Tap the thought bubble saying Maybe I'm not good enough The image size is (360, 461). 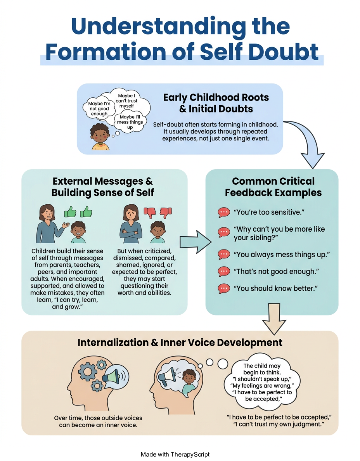click(99, 109)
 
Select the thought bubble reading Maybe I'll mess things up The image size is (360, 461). click(130, 122)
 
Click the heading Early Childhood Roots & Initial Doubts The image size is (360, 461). click(216, 103)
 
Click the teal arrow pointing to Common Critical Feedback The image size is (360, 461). click(196, 242)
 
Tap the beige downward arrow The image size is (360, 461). click(274, 319)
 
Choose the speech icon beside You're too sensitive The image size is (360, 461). click(223, 212)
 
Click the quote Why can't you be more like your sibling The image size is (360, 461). click(279, 233)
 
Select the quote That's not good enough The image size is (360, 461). click(276, 271)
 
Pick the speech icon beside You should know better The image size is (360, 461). click(223, 288)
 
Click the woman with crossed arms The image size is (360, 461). click(131, 224)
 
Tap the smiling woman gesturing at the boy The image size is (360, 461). click(50, 224)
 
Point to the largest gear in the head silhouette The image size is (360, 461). click(87, 371)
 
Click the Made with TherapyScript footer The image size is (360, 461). click(175, 454)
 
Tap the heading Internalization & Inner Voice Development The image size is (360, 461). click(180, 343)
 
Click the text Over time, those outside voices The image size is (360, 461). click(98, 418)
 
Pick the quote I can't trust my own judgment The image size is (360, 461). click(279, 424)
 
